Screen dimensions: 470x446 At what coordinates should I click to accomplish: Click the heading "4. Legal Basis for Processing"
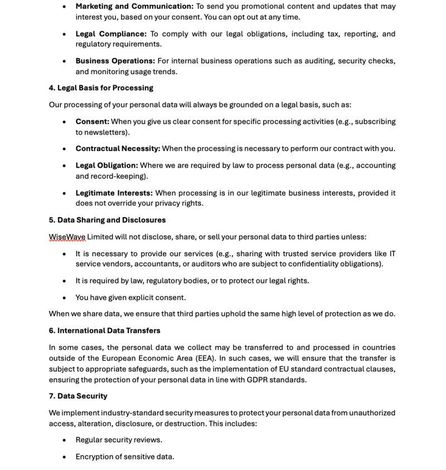(x=101, y=88)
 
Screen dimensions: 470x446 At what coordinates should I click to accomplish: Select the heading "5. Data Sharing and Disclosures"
(x=107, y=220)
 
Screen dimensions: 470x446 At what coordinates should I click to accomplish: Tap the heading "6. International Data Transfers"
(x=104, y=330)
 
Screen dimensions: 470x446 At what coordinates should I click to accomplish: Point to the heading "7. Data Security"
(x=78, y=396)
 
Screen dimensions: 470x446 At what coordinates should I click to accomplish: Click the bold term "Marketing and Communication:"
(x=134, y=6)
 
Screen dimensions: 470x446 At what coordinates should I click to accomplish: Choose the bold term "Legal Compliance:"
(x=111, y=34)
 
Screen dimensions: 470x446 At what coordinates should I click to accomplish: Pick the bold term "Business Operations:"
(x=115, y=61)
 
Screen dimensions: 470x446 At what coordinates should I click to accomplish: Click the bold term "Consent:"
(x=93, y=121)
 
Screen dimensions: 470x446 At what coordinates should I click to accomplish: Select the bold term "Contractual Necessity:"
(x=118, y=149)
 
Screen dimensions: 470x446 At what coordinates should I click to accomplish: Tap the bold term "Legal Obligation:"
(x=106, y=165)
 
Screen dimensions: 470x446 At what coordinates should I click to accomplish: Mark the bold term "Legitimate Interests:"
(x=114, y=193)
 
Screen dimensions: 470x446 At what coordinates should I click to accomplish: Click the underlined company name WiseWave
(x=67, y=237)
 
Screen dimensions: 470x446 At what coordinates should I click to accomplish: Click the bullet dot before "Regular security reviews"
(x=64, y=440)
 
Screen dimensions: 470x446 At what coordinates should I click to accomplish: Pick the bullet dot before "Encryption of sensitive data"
(x=64, y=457)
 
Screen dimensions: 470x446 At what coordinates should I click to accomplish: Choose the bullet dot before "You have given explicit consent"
(x=64, y=297)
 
